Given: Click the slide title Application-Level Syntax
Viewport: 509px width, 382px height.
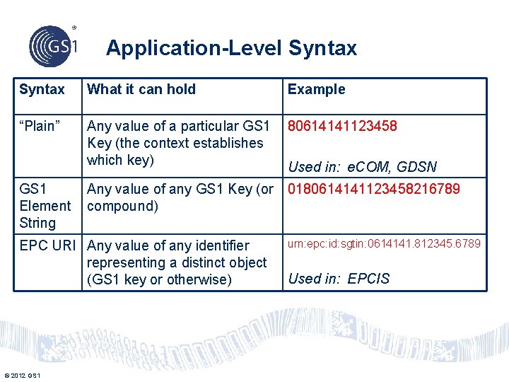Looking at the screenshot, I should (231, 48).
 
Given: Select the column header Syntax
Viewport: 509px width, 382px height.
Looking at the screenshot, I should (42, 89).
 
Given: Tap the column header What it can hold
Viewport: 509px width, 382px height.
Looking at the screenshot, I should (141, 89).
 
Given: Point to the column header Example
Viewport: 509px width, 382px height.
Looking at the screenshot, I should (316, 89).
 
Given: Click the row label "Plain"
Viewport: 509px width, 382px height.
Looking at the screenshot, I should (40, 126).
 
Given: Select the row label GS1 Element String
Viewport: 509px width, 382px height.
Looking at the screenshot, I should (45, 206).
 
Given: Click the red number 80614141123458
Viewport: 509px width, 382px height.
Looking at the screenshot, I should (342, 126).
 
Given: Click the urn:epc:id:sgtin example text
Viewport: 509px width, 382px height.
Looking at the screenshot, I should (385, 243).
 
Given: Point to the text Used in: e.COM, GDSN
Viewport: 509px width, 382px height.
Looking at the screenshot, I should (362, 167).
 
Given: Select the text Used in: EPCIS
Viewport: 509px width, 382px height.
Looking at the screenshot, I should (339, 278).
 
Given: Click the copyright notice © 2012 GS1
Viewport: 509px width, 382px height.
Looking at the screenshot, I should (22, 374).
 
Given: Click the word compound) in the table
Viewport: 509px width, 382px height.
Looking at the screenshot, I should (122, 206).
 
